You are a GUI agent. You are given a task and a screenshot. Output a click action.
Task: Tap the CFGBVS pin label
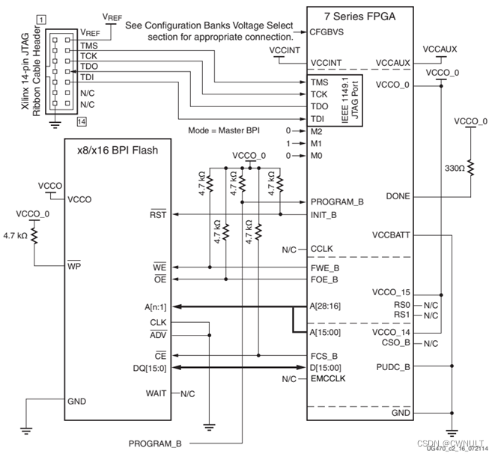[327, 33]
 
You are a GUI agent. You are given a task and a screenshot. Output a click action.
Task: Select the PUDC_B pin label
[392, 367]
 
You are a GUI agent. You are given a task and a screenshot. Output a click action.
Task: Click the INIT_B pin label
[324, 215]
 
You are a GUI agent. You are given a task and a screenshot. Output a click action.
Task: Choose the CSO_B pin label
[395, 343]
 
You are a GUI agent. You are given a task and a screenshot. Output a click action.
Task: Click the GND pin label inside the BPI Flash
[77, 401]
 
